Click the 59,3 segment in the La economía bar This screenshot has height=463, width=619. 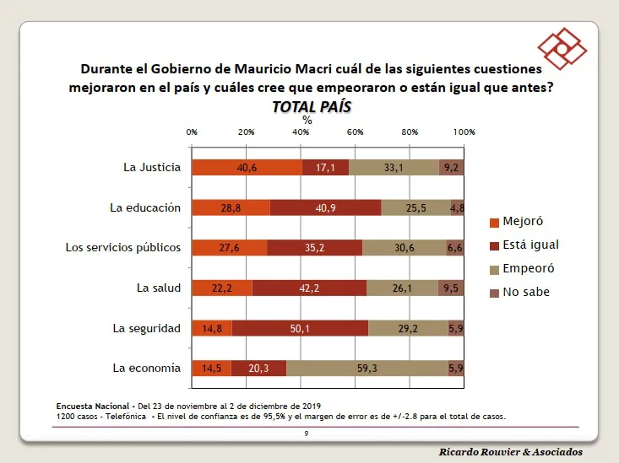367,368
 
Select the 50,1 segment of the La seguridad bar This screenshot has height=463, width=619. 300,328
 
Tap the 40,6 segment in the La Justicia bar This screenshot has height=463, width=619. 247,167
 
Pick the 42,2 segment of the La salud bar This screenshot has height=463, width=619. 309,288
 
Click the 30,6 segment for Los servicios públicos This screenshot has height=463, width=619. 404,247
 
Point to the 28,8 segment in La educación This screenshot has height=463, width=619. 231,207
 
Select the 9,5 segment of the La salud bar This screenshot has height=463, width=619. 451,288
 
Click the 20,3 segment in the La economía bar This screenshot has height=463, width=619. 258,368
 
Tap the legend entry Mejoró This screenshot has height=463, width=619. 515,222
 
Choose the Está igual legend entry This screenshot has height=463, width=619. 523,245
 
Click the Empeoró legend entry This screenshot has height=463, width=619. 520,268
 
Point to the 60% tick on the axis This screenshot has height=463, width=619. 355,132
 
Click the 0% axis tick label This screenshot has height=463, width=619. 192,132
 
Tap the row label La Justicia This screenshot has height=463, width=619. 152,167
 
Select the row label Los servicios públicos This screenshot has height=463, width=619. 123,247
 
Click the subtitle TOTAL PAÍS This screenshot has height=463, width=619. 311,106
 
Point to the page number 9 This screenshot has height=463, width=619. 307,433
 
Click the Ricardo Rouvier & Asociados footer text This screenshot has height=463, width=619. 511,452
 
